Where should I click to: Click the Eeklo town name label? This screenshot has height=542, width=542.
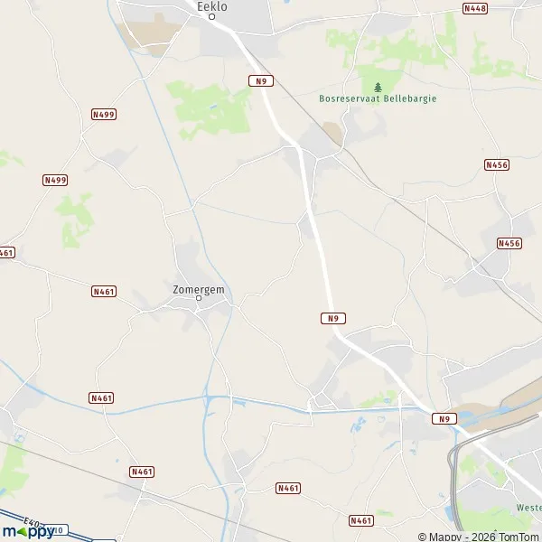click(212, 5)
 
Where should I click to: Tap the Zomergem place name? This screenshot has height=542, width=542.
click(199, 289)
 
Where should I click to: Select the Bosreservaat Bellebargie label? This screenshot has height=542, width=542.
click(377, 98)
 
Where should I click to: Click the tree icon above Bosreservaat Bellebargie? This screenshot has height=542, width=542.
click(377, 87)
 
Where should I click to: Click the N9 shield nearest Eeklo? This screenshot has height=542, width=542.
click(261, 80)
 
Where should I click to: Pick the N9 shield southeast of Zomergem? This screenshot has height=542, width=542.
click(332, 318)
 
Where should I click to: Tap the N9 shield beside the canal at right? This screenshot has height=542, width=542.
click(443, 418)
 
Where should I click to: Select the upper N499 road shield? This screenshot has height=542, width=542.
click(104, 115)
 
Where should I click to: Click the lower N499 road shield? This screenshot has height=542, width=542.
click(56, 181)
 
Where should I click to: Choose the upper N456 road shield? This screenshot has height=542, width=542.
click(497, 164)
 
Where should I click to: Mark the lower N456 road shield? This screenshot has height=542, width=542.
click(509, 244)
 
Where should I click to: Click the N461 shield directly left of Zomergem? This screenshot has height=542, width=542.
click(104, 291)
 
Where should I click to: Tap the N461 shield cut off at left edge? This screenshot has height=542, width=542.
click(6, 253)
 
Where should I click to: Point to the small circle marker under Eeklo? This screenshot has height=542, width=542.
click(212, 15)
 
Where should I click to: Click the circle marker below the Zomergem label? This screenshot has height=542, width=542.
click(199, 298)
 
